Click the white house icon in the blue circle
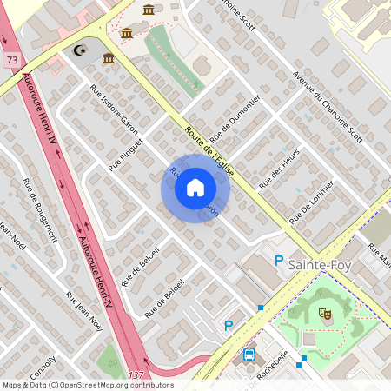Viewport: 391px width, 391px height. [x=195, y=188]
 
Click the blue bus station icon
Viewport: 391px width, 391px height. [x=249, y=355]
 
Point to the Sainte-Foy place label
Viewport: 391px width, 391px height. [x=321, y=263]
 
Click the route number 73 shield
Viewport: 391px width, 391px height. [x=11, y=59]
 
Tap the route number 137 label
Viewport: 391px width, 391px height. [x=136, y=374]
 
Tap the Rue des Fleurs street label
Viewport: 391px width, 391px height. [x=281, y=167]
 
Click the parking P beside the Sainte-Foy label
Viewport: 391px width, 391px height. [x=279, y=260]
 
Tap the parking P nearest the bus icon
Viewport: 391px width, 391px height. [x=229, y=326]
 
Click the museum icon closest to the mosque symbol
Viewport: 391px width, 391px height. [x=109, y=58]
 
